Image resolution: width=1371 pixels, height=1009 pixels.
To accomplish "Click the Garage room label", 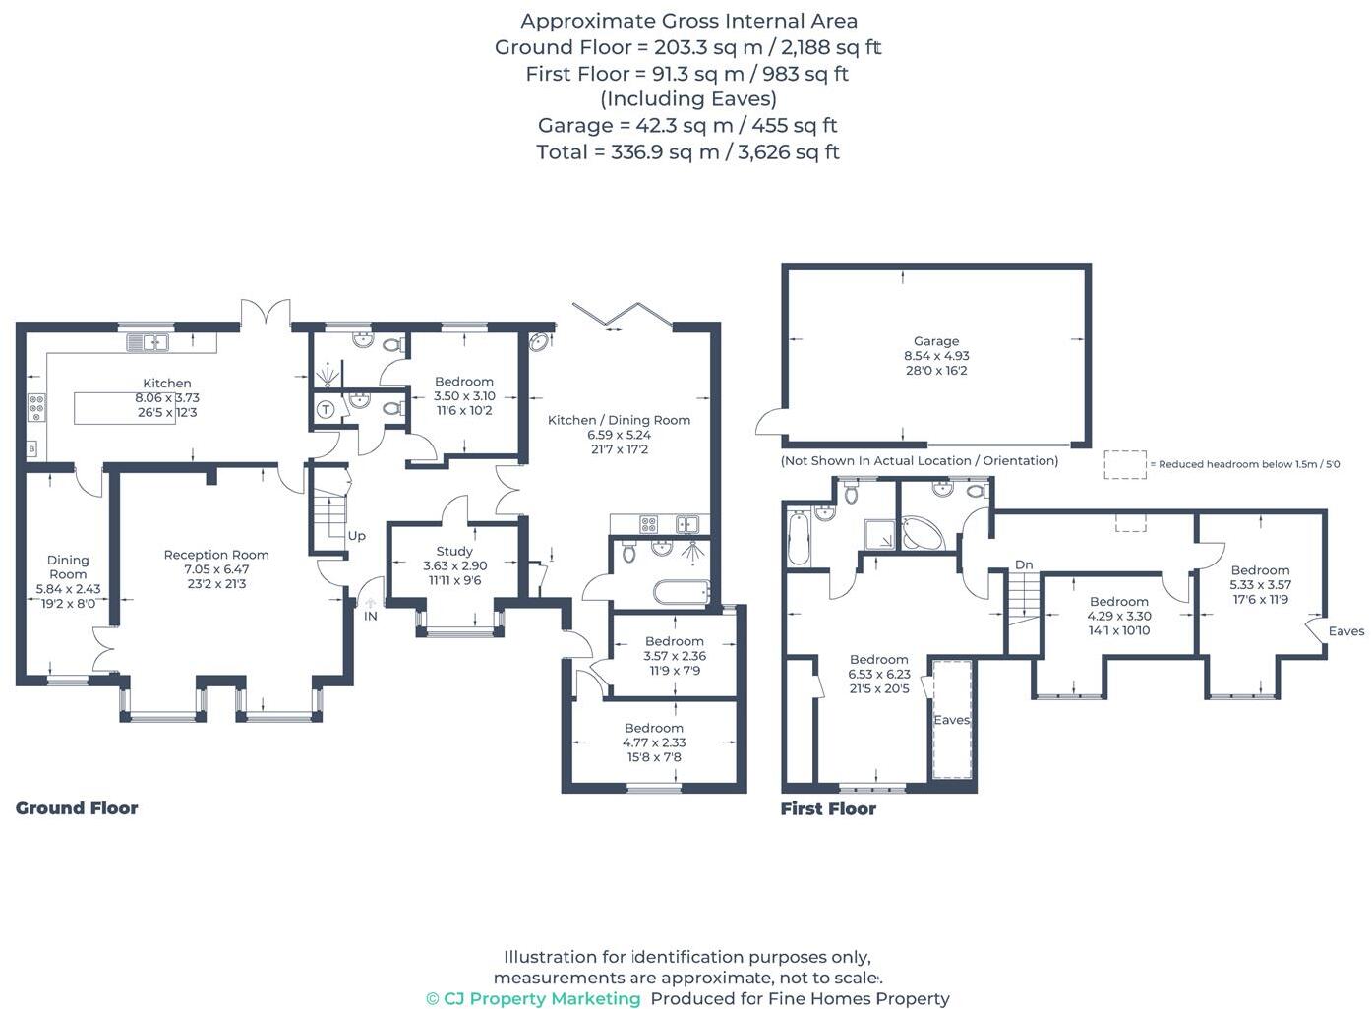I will pos(935,341).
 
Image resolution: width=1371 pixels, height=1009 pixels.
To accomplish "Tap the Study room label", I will pos(454,552).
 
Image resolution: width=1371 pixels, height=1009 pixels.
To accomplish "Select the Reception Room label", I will pos(216,555).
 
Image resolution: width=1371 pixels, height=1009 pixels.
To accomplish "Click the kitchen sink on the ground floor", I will pos(148,342).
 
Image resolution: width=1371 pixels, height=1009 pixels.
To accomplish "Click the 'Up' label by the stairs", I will pos(356,536).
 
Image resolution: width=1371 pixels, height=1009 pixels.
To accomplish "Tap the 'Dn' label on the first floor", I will pos(1024,564).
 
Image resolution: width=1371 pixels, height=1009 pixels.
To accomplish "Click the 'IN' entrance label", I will pos(371,617).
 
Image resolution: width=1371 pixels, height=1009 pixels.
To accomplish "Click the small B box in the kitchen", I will pos(31,449).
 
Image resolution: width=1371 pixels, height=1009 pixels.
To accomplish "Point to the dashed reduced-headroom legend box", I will pos(1124,464).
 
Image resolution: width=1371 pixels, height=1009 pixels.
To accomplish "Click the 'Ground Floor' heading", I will pos(77,808).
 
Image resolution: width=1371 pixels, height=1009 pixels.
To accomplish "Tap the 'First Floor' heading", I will pos(828,809).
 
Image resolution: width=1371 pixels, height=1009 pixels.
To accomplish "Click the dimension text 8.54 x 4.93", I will pos(935,356).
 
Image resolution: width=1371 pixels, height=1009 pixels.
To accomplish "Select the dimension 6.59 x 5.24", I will pos(619,435).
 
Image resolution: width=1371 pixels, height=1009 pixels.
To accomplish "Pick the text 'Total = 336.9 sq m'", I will pos(627,152).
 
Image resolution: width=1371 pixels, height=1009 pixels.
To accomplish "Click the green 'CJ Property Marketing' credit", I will pos(533,999).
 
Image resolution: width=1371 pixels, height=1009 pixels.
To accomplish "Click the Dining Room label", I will pos(68,566).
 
